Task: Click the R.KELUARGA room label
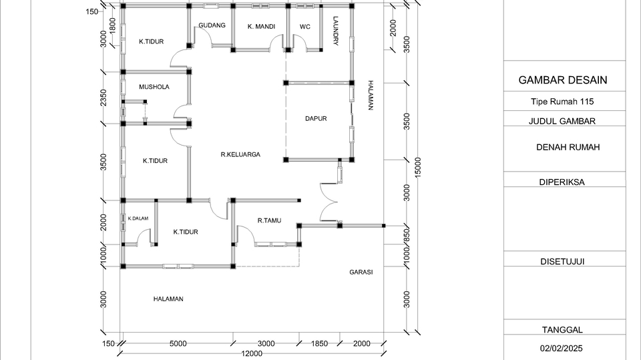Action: (x=240, y=154)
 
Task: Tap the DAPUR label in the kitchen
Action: (x=316, y=118)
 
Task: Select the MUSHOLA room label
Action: (x=154, y=87)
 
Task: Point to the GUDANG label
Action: (x=212, y=25)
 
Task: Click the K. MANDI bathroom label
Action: (x=261, y=27)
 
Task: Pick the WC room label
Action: (x=304, y=27)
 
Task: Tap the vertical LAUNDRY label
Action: (x=335, y=31)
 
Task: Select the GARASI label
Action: (x=361, y=272)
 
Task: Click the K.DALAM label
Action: (x=138, y=218)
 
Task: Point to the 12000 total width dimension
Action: (x=252, y=353)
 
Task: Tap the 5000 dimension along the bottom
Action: (x=178, y=343)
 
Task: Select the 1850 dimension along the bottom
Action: (x=320, y=343)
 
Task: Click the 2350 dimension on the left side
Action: (x=103, y=98)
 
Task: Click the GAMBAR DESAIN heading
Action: (x=563, y=80)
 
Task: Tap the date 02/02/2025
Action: (x=562, y=348)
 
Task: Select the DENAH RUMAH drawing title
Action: (x=568, y=147)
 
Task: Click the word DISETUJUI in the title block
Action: (x=562, y=261)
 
